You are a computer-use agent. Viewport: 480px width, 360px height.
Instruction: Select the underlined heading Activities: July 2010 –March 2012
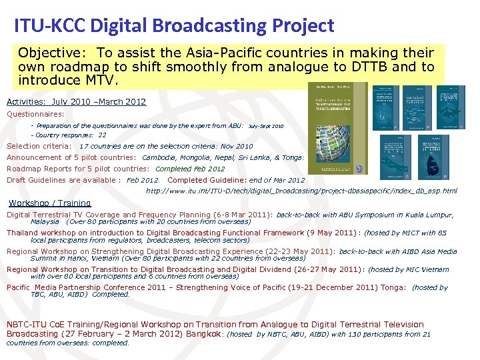76,102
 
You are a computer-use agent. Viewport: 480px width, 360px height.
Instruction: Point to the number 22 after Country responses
102,135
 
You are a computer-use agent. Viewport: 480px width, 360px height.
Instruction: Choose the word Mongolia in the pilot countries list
197,157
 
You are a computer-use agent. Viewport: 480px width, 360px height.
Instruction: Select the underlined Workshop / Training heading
50,203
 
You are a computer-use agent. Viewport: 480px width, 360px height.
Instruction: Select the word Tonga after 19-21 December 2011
391,287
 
